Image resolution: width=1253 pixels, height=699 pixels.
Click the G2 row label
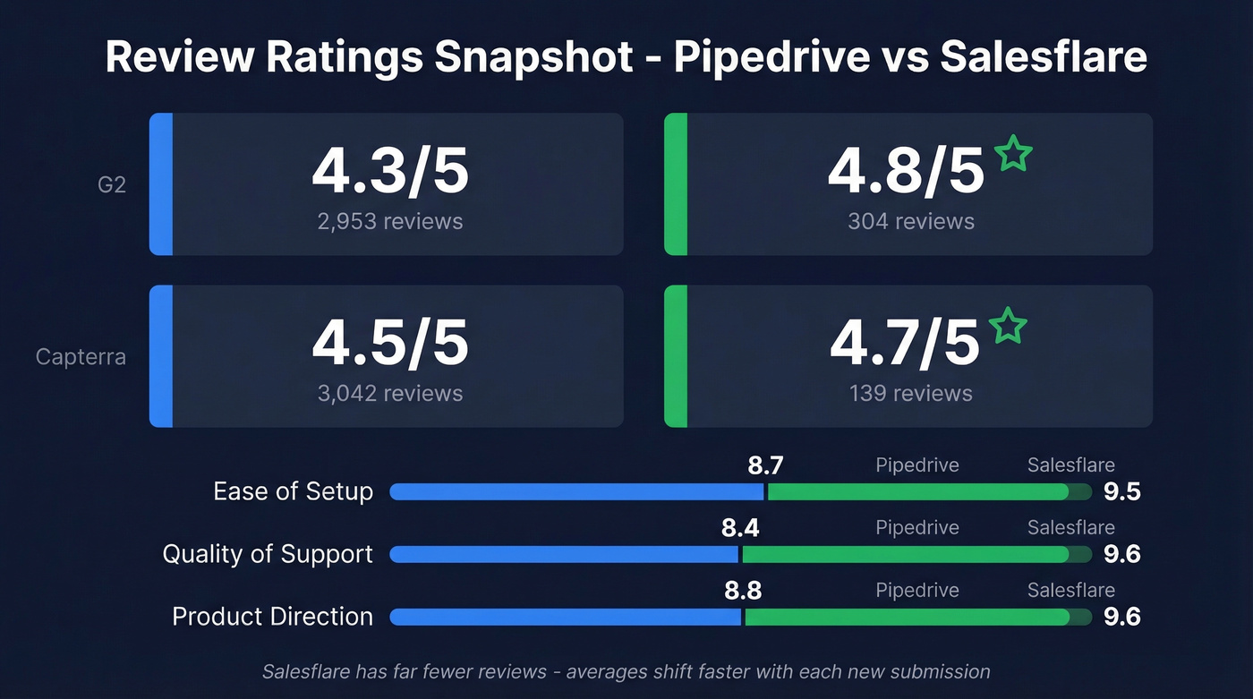click(x=111, y=186)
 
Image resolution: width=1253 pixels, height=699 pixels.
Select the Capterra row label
click(x=81, y=357)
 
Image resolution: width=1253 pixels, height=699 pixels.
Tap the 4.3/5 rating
click(x=390, y=172)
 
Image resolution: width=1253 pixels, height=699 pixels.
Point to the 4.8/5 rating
click(x=906, y=172)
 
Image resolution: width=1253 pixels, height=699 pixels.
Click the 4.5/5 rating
click(x=390, y=344)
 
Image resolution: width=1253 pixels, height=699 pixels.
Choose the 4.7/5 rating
click(x=905, y=344)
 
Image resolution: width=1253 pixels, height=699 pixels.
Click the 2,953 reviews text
click(x=390, y=221)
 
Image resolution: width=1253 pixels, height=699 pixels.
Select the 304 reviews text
click(x=911, y=221)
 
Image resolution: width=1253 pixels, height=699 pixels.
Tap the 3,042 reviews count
click(x=390, y=393)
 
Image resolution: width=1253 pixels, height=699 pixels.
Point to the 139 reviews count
click(x=911, y=393)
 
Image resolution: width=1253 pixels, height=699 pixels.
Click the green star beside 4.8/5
click(x=1013, y=154)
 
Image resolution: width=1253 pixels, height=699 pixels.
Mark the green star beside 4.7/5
click(x=1009, y=326)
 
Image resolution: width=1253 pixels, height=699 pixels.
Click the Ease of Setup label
click(x=293, y=491)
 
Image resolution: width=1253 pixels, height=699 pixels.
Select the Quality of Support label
click(x=268, y=554)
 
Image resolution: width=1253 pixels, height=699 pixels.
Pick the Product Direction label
click(x=272, y=617)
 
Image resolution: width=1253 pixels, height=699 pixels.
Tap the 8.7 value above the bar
click(x=765, y=465)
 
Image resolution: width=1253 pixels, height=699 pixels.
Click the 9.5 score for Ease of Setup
click(x=1121, y=491)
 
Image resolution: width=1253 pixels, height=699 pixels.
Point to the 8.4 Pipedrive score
click(x=740, y=528)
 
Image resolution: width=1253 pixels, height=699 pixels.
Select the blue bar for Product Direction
click(x=566, y=617)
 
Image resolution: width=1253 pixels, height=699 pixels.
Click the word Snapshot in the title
click(x=534, y=57)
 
